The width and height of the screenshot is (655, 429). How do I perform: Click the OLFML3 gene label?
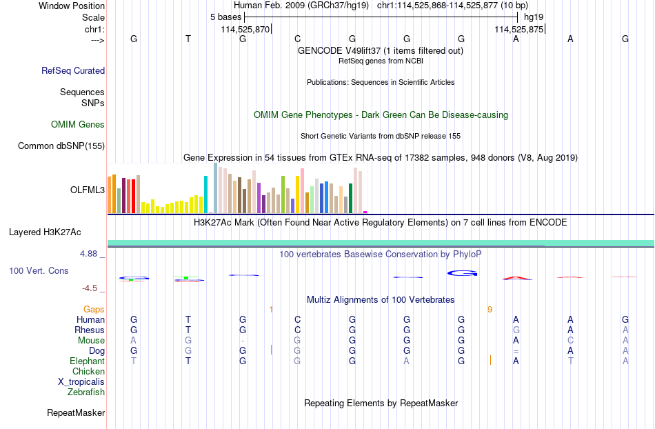[88, 190]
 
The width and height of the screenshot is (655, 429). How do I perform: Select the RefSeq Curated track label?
[73, 70]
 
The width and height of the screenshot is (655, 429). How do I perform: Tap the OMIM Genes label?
[78, 124]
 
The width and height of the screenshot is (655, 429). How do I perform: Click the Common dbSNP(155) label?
[61, 146]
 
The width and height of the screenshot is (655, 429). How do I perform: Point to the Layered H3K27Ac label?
[45, 232]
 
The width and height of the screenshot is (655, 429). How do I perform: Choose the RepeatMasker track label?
[76, 412]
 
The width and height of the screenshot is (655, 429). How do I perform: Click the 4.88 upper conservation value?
[88, 254]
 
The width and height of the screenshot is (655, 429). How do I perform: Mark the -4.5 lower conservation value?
[90, 288]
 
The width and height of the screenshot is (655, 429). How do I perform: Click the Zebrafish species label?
[86, 392]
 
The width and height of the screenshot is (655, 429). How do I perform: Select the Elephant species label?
[88, 361]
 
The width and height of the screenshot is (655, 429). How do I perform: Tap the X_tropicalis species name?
[81, 382]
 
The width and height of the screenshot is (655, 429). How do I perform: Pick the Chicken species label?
[88, 371]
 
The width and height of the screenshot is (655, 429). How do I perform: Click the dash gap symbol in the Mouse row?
[243, 341]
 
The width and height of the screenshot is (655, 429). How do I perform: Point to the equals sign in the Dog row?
[516, 351]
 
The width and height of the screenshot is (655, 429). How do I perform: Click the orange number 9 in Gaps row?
[490, 309]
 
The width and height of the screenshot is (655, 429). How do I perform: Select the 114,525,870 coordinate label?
[245, 29]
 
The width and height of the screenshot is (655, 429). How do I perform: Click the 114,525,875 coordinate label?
[518, 29]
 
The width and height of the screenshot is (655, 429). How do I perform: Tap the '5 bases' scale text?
[225, 17]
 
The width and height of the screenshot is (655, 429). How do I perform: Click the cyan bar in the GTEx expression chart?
[205, 194]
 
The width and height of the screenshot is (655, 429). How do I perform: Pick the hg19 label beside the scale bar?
[534, 17]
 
